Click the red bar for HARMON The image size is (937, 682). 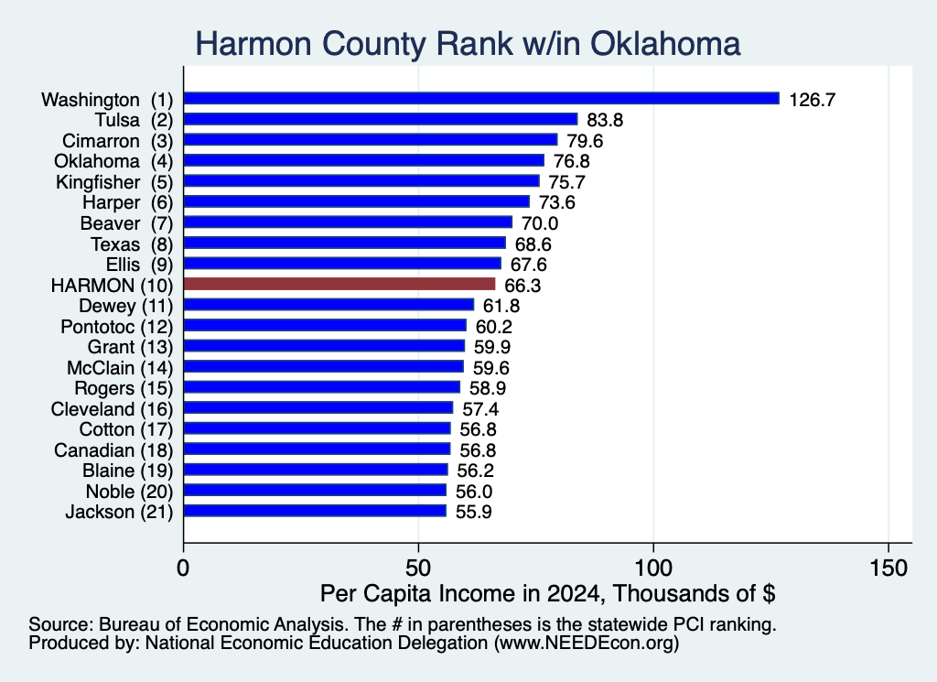(x=339, y=284)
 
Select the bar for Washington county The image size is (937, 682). (x=481, y=98)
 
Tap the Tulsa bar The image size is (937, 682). (x=381, y=119)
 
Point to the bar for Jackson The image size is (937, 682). (x=315, y=511)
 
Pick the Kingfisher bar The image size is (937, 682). (x=361, y=180)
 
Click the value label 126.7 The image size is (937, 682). (x=813, y=99)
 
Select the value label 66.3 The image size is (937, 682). (x=522, y=286)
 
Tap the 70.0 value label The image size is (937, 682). (x=540, y=223)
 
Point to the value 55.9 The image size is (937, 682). (x=473, y=513)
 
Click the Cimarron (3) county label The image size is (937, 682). (x=118, y=141)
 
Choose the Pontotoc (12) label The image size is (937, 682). (x=116, y=327)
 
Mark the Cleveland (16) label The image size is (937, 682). (x=112, y=409)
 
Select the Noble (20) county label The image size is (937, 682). (x=129, y=492)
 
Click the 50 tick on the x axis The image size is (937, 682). (x=418, y=568)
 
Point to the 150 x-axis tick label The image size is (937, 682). (x=889, y=568)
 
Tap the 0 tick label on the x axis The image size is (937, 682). (x=183, y=568)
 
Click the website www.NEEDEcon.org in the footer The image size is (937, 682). (x=587, y=644)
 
